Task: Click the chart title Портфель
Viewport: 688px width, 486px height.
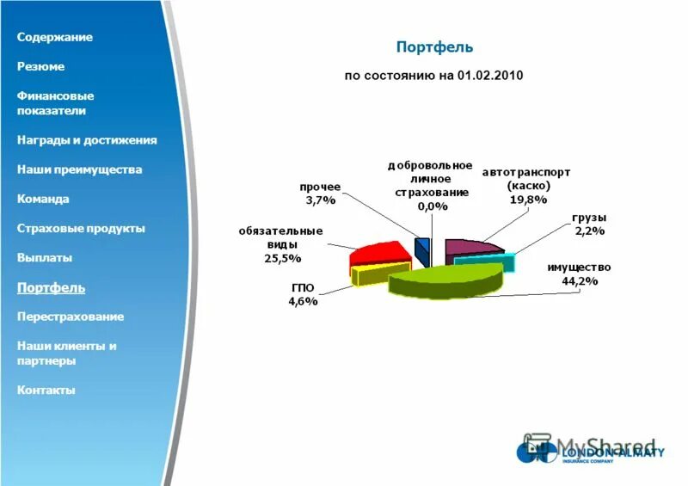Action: (x=433, y=46)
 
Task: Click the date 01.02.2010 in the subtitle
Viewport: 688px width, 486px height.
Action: (x=490, y=76)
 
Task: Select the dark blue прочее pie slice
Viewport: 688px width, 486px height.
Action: (x=422, y=250)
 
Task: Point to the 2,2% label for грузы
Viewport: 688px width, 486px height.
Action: (x=590, y=231)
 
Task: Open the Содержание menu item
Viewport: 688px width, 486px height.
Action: (x=55, y=37)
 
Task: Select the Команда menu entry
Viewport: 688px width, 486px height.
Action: (x=43, y=199)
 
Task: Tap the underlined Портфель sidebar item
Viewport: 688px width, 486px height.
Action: (x=51, y=287)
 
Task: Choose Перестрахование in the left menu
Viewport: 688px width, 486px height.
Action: (x=71, y=317)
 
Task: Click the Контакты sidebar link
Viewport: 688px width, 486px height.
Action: (x=46, y=390)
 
